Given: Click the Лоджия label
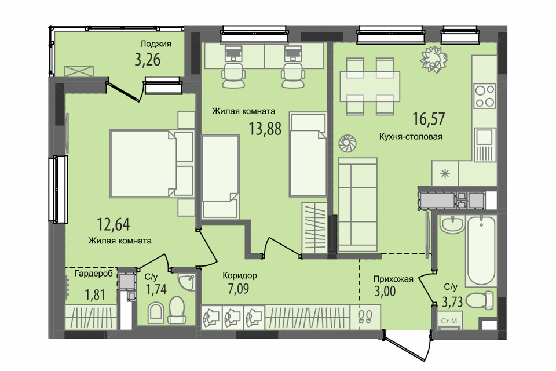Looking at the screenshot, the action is pos(156,44).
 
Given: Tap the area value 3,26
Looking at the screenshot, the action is pos(148,60).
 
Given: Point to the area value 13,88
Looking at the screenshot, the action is pos(265,129).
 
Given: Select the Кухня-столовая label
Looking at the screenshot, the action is pos(411,137).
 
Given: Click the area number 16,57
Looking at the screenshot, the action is pos(429,119).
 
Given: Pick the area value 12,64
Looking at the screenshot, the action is pos(114,224).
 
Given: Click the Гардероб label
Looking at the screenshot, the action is pos(94,274).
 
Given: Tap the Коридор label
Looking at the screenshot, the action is pos(240,275).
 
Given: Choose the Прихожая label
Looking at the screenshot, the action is pos(393,279).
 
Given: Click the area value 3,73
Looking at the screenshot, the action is pos(452,302).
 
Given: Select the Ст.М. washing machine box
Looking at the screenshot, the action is pos(449,321).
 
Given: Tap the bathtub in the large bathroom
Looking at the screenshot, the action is pos(481,250).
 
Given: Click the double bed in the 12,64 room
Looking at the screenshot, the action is pos(152,163).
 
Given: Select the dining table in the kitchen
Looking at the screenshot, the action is pos(370,86).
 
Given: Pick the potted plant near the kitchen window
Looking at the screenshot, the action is pos(434,59).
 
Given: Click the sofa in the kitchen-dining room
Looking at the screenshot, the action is pos(358,205).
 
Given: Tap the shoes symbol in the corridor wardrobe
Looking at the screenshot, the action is pos(365,316).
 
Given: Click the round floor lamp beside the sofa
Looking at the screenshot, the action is pos(347,144).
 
